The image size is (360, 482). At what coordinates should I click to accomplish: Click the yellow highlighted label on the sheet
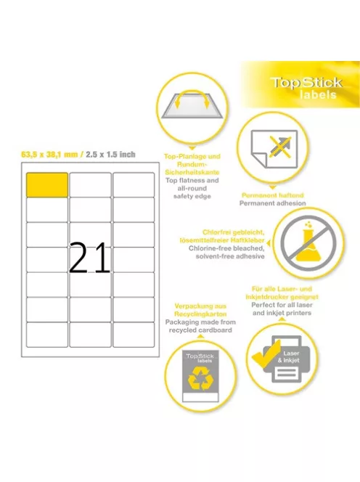coord(47,184)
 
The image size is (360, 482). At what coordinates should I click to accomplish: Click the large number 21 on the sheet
coord(90,258)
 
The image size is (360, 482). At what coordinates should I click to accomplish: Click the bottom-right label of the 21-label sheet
coord(133,334)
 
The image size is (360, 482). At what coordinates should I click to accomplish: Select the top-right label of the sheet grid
coord(133,184)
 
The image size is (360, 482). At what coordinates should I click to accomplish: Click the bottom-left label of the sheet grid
coord(47,334)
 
